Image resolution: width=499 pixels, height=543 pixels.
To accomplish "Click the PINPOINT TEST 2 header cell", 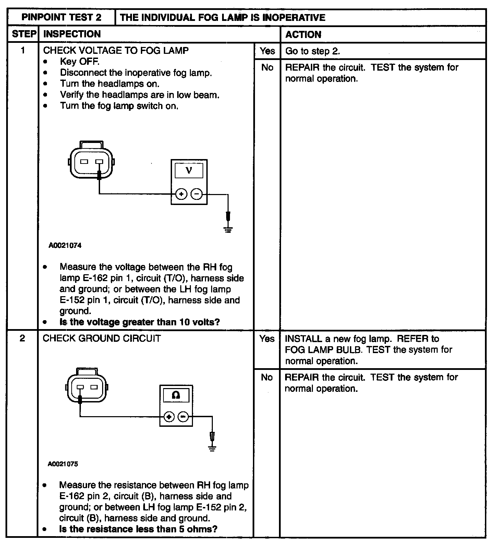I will point(61,17).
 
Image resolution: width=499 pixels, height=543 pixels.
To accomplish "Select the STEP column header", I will point(24,34).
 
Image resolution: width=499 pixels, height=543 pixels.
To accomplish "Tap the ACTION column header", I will point(303,34).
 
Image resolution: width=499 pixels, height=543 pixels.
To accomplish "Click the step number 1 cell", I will point(23,51).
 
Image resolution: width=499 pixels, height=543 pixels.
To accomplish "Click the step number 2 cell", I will point(22,338).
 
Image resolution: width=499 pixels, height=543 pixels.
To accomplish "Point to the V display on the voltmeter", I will point(189,170).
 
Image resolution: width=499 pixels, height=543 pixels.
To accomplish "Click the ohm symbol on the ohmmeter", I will point(176,395).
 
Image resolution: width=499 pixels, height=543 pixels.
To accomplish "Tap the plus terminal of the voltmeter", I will point(181,194).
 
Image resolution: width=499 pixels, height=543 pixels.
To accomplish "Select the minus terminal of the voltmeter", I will point(196,194).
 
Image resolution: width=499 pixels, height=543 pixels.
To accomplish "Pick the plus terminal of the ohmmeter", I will point(169,417).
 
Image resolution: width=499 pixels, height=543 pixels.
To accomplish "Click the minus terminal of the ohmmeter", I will point(184,417).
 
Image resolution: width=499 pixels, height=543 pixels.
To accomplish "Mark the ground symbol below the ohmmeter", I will point(212,448).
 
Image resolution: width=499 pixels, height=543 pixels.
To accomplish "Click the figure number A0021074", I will point(65,245).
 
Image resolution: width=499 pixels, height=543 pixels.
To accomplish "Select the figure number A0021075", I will point(63,464).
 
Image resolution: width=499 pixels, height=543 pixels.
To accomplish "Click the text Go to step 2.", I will point(313,51).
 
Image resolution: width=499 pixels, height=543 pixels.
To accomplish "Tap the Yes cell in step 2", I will point(267,339).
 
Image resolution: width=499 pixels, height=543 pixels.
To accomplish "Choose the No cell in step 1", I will point(267,68).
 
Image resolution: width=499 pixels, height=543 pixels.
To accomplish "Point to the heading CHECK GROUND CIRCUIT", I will point(102,338).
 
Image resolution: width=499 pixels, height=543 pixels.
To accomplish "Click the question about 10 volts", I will point(139,322).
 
